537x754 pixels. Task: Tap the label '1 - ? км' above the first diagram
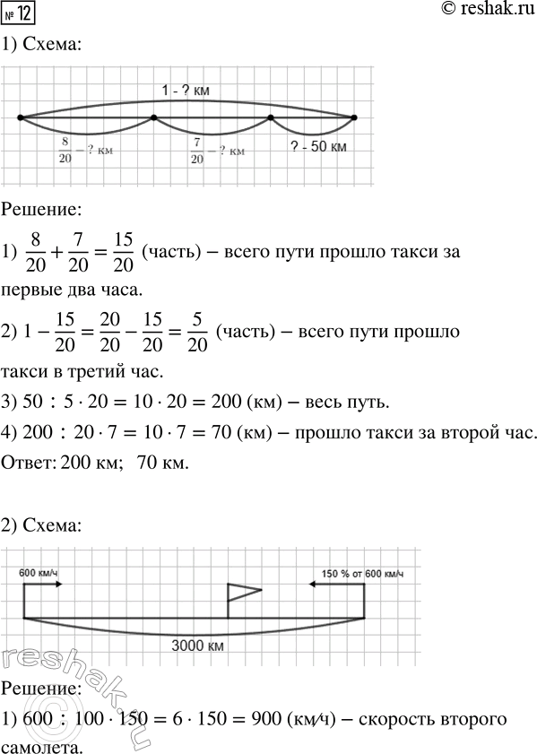(x=186, y=90)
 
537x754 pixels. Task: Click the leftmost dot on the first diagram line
(x=20, y=117)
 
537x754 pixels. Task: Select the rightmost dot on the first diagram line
(x=354, y=117)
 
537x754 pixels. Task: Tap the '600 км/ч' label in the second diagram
(x=39, y=572)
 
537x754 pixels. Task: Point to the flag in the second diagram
(x=243, y=591)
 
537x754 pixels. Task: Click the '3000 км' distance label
(x=195, y=644)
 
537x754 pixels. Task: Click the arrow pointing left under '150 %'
(x=336, y=584)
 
